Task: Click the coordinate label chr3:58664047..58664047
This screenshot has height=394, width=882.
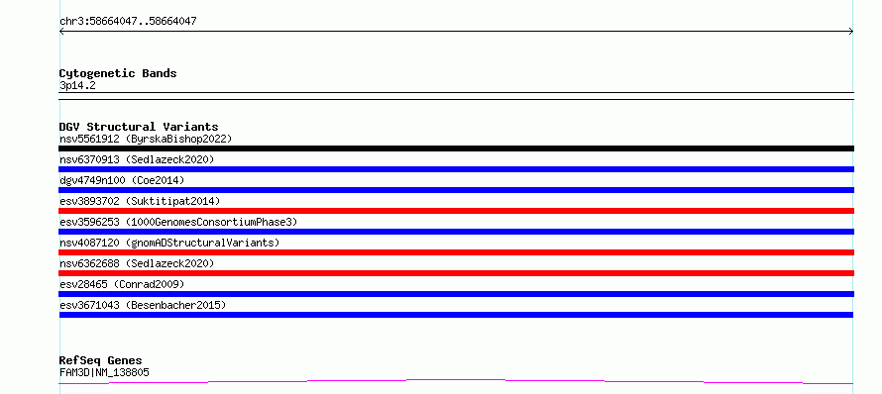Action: point(128,22)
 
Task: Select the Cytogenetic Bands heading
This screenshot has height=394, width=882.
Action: point(118,73)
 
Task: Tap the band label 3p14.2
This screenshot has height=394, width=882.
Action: point(77,86)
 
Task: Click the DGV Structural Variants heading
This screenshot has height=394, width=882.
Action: point(139,127)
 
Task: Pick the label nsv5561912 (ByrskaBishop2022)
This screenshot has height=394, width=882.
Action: point(146,139)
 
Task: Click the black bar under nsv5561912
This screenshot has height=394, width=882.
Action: point(456,148)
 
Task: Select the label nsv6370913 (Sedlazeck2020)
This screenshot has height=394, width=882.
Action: point(137,159)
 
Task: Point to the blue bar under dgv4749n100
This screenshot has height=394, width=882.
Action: point(456,190)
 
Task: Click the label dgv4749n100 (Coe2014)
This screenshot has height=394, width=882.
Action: point(122,180)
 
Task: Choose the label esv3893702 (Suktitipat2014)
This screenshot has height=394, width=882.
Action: point(140,201)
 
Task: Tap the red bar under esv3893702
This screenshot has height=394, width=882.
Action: point(456,211)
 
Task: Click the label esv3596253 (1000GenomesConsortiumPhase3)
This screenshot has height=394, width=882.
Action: point(178,222)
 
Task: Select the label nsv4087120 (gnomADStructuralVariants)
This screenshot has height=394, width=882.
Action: point(169,243)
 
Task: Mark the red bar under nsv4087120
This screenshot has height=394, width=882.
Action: point(456,252)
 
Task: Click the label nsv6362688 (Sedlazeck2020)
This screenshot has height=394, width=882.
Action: point(137,263)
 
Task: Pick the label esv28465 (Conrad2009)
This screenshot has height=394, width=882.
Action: point(122,284)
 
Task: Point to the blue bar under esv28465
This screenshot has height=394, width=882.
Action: point(456,294)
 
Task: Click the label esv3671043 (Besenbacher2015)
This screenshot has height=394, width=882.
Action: point(143,305)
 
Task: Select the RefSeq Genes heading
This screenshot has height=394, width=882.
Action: point(101,360)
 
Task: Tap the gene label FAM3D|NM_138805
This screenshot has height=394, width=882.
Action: point(104,372)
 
